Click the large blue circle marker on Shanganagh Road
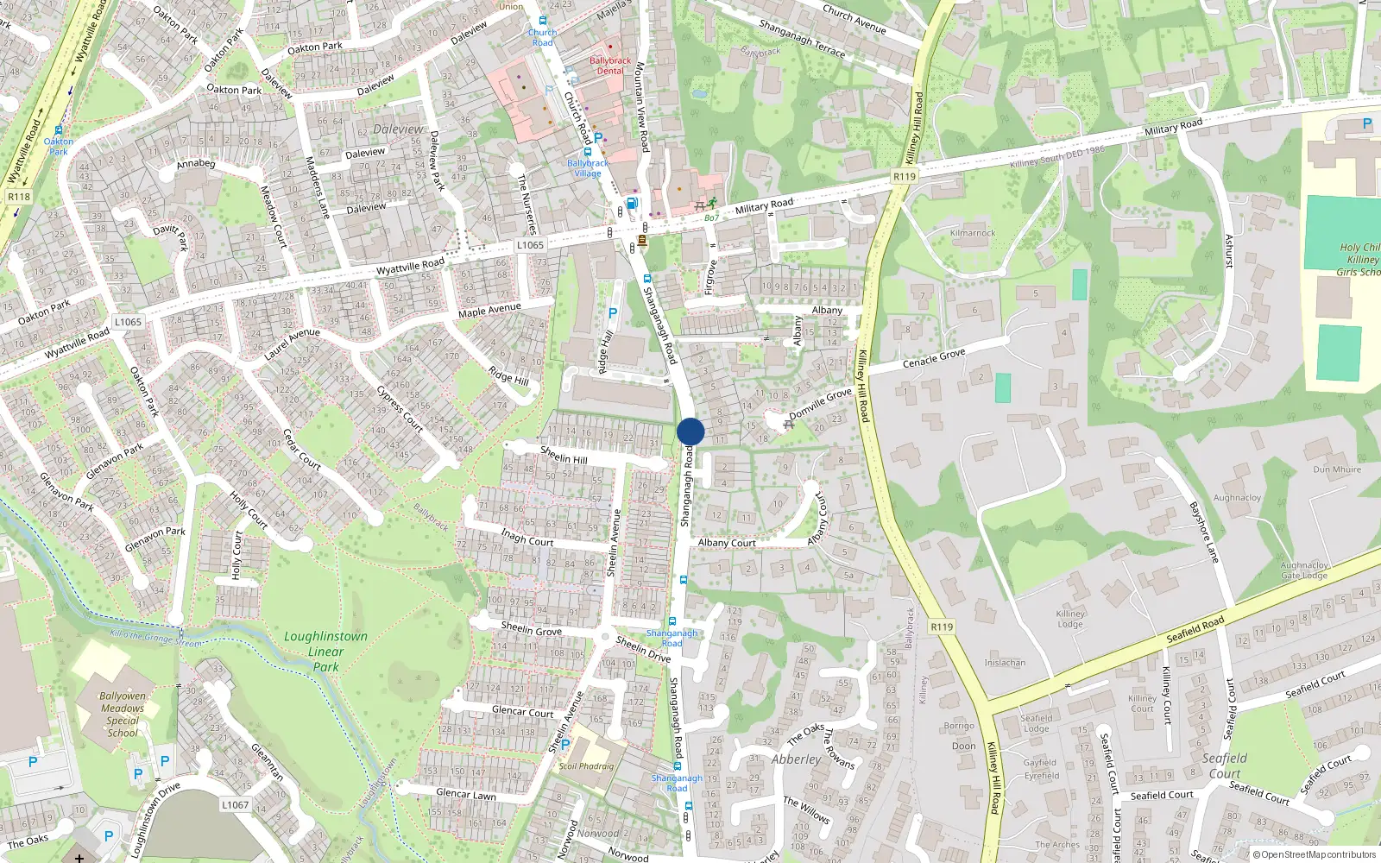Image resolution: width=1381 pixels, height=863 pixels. point(690,431)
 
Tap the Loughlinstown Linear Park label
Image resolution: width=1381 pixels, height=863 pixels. point(325,651)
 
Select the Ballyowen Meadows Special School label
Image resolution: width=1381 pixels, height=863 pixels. point(123,714)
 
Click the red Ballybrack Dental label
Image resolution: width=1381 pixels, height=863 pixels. point(610,66)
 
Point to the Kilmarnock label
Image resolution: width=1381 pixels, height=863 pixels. point(973,233)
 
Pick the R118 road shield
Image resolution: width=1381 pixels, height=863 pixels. point(19,197)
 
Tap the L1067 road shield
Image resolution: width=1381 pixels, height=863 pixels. point(235,804)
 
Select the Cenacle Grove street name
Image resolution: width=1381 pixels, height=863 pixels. point(934,357)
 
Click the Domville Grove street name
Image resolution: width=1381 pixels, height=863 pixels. point(820,403)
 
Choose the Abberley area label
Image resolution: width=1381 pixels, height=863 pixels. point(797,759)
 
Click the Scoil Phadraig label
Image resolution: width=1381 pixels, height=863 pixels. point(586,765)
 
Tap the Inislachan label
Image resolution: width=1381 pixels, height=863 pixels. point(1005,663)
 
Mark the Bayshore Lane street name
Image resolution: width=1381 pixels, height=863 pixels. point(1204,532)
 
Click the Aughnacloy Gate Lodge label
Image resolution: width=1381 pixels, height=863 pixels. point(1304,570)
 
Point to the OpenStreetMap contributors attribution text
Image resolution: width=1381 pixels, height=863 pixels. point(1314,855)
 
